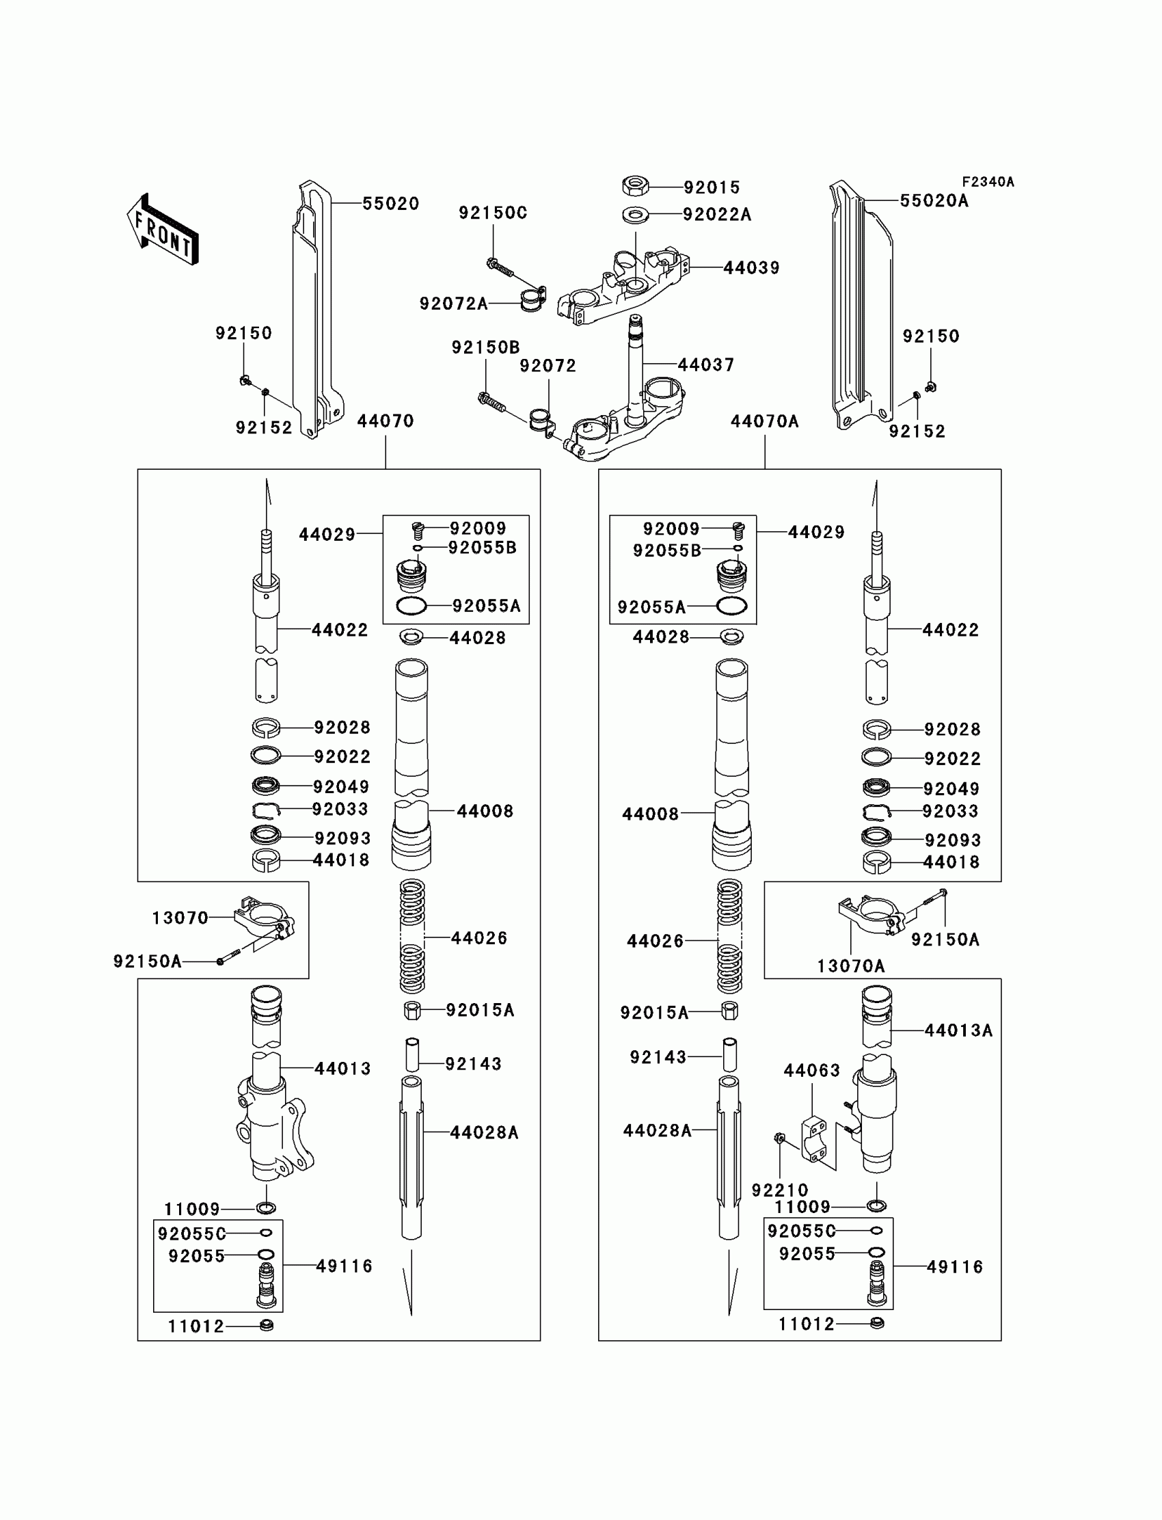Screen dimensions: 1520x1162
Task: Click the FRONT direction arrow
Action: click(x=163, y=230)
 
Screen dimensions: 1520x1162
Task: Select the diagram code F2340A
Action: click(x=988, y=182)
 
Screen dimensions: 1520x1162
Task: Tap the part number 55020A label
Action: click(x=934, y=200)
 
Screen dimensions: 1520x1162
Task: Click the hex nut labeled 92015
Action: click(x=634, y=186)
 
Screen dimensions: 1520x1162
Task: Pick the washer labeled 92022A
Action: click(x=635, y=215)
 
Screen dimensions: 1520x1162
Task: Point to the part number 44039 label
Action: click(x=751, y=268)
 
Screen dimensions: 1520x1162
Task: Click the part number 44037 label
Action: click(x=705, y=364)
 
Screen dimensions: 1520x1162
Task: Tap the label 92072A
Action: click(x=454, y=304)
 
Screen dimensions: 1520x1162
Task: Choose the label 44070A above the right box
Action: click(x=764, y=421)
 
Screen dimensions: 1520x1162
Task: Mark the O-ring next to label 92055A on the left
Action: click(x=411, y=606)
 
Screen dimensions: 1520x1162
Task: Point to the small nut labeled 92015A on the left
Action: click(x=412, y=1010)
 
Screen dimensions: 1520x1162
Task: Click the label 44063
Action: click(x=811, y=1071)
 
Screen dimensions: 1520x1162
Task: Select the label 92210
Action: click(x=779, y=1190)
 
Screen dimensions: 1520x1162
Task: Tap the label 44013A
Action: click(x=958, y=1031)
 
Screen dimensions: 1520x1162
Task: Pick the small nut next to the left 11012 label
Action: click(x=267, y=1326)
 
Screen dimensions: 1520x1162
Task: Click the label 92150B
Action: click(x=485, y=347)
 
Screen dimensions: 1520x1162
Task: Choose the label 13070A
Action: click(x=851, y=967)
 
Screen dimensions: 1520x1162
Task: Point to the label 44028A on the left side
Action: click(x=483, y=1132)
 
